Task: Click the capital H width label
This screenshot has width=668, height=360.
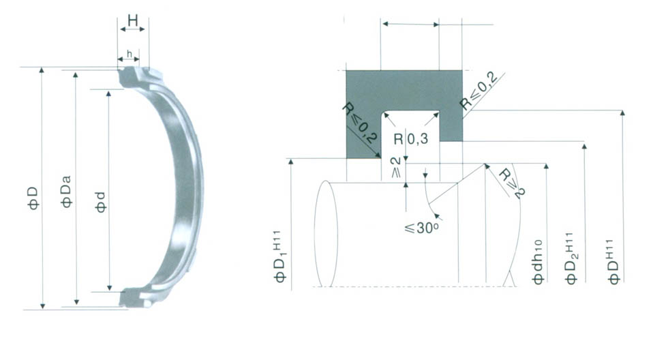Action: [x=133, y=20]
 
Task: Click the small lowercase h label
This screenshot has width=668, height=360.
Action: [x=130, y=54]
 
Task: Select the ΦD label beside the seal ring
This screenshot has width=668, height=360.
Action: [x=33, y=198]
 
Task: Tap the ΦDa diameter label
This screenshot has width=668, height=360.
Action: [x=67, y=192]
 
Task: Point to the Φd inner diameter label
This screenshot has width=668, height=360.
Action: [x=101, y=202]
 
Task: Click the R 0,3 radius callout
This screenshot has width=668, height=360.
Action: [x=410, y=138]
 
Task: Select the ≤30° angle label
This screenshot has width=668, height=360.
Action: [x=421, y=228]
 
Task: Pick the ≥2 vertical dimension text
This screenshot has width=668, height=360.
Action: [x=396, y=167]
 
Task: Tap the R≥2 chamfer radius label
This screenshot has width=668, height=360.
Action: [x=512, y=183]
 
